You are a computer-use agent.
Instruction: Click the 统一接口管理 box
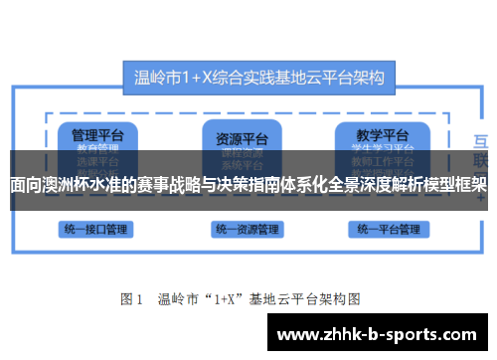tap(95, 229)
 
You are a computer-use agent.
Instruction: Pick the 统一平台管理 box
tap(389, 229)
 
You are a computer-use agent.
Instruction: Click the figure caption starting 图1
tap(240, 297)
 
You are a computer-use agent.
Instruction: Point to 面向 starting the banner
tap(27, 184)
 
